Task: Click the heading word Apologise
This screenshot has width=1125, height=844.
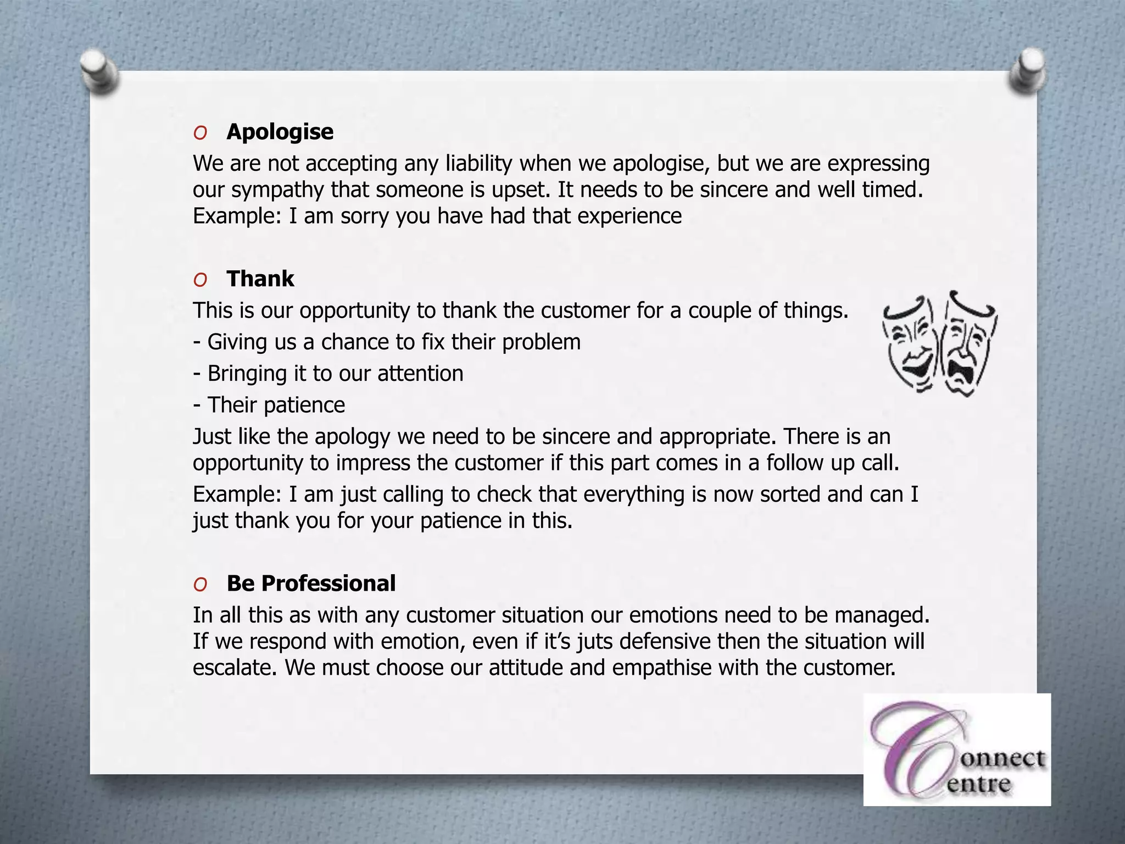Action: coord(280,132)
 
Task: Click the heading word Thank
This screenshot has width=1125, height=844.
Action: coord(260,279)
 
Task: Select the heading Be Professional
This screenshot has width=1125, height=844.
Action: coord(311,584)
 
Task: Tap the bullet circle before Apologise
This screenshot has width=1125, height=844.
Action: coord(200,132)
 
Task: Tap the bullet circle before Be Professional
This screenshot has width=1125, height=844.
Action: coord(200,584)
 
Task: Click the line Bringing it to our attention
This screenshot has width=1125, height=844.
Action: coord(328,374)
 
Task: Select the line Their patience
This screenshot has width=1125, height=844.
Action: coord(269,406)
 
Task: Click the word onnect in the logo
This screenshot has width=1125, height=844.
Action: coord(1002,758)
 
